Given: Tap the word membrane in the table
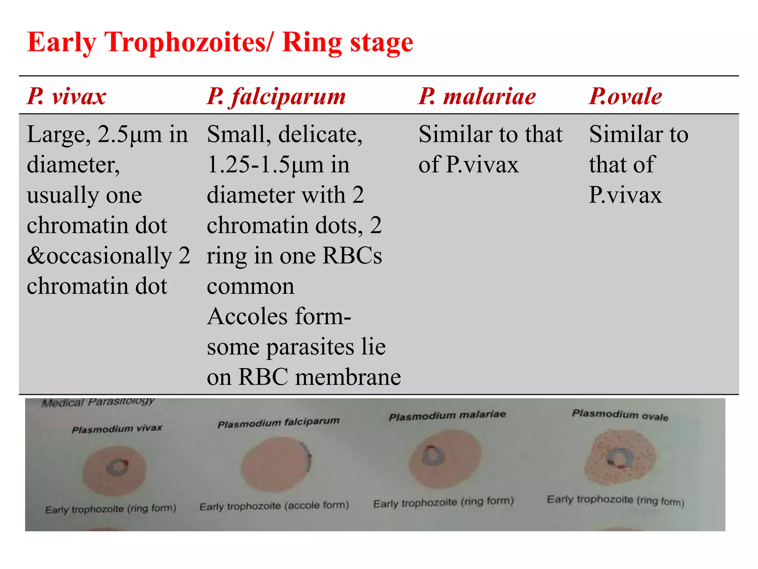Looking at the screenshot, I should [x=348, y=377].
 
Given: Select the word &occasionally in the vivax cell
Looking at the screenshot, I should [x=99, y=256].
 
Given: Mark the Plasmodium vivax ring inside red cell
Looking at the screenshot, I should [x=118, y=467].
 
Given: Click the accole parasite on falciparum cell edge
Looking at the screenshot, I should [x=307, y=457].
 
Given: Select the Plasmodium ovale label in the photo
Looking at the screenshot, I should [x=620, y=415].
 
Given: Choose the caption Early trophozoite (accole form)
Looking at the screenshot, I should [x=274, y=506].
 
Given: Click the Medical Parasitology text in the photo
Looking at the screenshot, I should [x=98, y=402].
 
